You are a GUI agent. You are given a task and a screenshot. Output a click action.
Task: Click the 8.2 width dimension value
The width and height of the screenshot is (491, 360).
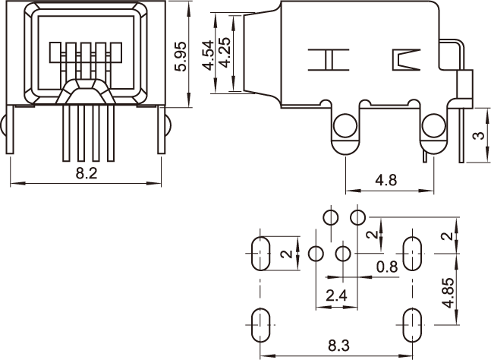[87, 174]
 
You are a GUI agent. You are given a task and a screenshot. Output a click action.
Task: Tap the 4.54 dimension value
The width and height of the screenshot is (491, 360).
[209, 55]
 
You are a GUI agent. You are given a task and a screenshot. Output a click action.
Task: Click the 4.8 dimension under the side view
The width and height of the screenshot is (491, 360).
[387, 181]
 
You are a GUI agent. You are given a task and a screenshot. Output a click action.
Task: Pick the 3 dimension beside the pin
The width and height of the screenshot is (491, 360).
[477, 137]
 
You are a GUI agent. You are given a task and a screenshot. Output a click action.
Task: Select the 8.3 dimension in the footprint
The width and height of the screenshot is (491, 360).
[338, 346]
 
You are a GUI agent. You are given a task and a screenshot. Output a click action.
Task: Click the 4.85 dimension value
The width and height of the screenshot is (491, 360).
[449, 292]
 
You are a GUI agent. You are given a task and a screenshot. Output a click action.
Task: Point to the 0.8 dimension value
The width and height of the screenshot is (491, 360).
[387, 267]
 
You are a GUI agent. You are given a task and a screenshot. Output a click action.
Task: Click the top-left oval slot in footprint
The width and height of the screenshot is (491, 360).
[260, 253]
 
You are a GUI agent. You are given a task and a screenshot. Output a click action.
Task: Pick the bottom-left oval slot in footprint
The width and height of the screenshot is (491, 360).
[259, 324]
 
